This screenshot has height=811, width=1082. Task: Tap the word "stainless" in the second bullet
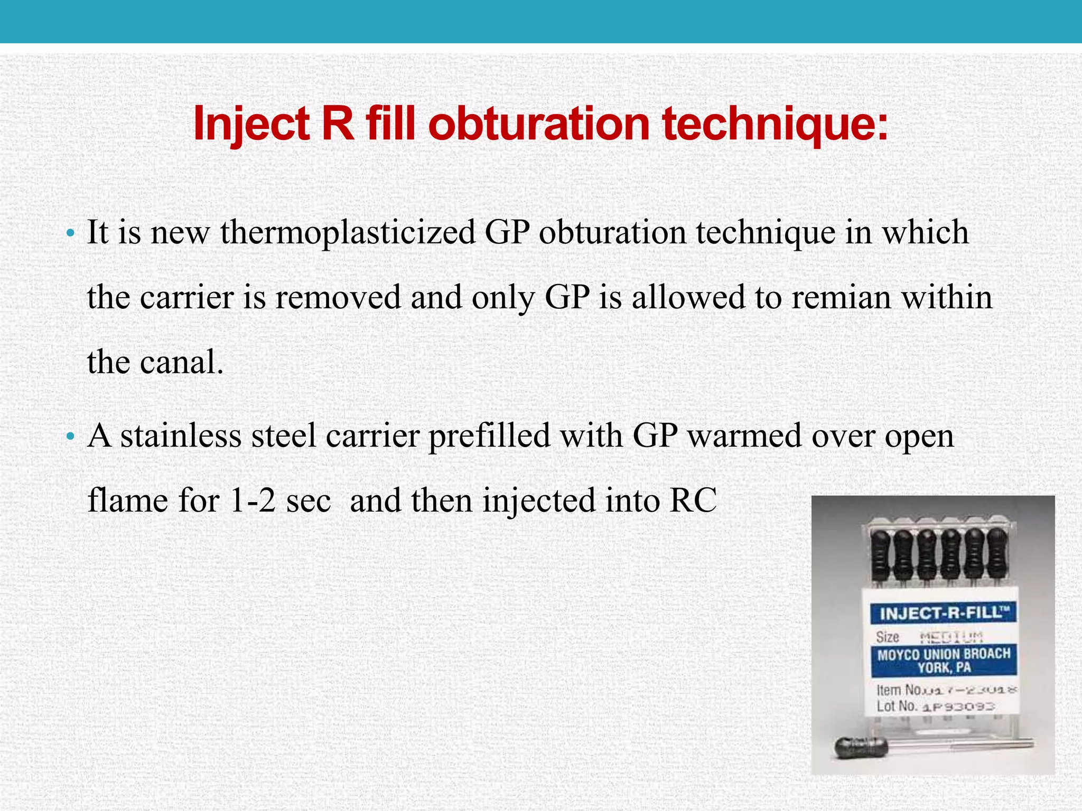coord(181,436)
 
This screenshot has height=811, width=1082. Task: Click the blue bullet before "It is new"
coord(70,233)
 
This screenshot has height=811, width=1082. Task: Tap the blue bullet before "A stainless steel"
coord(70,437)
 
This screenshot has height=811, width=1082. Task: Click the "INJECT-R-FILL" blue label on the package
coord(943,613)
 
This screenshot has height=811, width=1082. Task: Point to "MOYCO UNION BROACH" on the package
coord(944,654)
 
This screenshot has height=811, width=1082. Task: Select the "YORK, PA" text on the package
coord(944,668)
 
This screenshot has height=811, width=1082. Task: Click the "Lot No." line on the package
coord(935,706)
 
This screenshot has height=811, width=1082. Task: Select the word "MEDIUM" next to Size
coord(951,637)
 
